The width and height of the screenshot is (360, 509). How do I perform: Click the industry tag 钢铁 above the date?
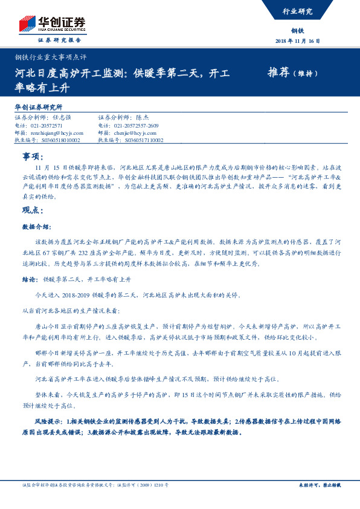(297, 30)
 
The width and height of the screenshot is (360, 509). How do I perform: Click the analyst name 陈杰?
(143, 118)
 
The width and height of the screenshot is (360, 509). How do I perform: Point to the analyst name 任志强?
(62, 118)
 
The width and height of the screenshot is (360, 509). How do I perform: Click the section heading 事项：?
(33, 156)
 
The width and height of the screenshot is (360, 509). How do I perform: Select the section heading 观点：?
(33, 211)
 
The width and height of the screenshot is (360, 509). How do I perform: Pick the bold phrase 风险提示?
(49, 419)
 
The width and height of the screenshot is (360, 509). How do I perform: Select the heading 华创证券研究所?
(39, 106)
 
